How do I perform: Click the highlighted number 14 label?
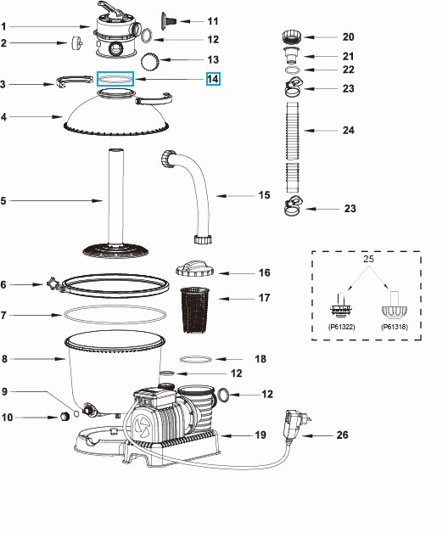[212, 79]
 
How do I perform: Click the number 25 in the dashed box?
[367, 257]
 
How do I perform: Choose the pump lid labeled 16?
[199, 270]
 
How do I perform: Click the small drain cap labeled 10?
[63, 417]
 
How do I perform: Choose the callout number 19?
[260, 435]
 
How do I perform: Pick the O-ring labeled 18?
[196, 359]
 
